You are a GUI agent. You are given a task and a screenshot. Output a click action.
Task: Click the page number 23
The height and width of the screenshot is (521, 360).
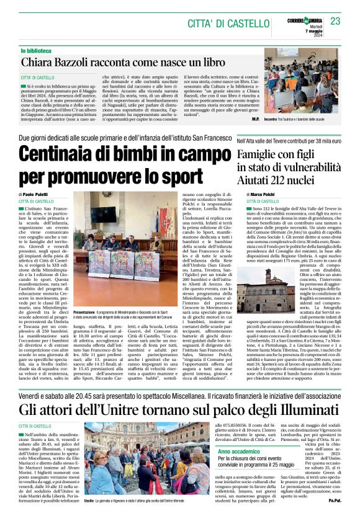pos(336,22)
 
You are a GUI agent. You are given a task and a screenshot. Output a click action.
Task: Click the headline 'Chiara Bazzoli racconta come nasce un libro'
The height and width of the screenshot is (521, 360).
pos(123,63)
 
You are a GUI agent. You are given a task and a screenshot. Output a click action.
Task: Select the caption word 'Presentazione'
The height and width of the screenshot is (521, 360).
pos(86,310)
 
